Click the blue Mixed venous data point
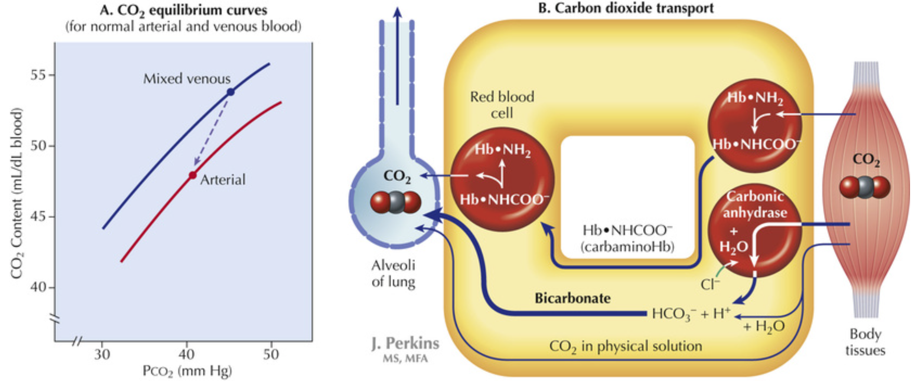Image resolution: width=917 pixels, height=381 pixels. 231,92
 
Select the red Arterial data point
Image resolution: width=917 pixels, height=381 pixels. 193,176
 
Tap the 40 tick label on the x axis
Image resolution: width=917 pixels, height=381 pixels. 186,355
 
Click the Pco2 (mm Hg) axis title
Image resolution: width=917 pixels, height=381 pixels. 187,371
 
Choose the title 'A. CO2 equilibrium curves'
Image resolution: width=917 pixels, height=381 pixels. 183,10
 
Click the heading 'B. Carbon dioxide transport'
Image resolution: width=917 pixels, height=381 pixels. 626,8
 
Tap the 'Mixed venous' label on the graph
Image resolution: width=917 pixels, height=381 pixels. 187,79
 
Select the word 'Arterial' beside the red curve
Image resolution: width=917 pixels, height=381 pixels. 222,180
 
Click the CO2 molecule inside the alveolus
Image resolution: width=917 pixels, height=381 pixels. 395,202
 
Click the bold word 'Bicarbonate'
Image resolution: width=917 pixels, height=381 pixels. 572,299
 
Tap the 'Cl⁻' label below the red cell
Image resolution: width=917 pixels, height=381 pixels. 710,285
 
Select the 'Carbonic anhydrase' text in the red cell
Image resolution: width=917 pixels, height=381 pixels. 755,204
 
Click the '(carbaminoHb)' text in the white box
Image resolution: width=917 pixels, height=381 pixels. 627,247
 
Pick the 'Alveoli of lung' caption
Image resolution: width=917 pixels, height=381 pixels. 393,273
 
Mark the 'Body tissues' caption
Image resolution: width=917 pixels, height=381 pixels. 865,342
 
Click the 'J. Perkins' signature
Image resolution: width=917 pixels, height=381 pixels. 405,344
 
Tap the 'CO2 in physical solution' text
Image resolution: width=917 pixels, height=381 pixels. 625,346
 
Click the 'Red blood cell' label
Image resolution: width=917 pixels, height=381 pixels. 502,105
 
